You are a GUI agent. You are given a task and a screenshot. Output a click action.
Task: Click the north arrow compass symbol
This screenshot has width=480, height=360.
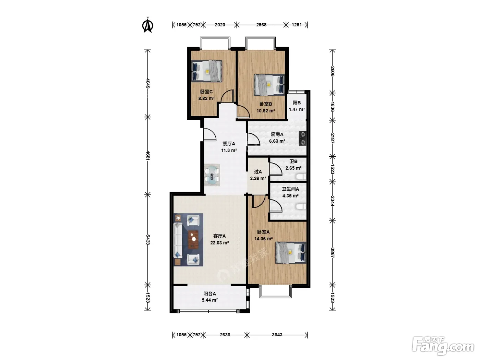coord(148,25)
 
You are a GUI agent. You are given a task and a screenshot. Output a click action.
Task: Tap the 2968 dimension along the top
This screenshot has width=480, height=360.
coord(261,25)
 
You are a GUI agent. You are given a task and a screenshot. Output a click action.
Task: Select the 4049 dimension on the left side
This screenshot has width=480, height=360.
coord(148,83)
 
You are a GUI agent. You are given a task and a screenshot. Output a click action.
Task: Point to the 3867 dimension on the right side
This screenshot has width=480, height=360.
coord(332,252)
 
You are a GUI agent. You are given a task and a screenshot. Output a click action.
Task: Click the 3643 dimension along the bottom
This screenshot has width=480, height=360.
coord(277,335)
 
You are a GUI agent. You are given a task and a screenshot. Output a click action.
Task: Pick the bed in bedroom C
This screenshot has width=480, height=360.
coord(207,71)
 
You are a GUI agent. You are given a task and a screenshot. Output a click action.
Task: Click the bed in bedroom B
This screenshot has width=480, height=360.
coord(269,85)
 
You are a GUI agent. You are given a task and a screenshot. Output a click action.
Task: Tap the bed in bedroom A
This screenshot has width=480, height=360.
coord(291,252)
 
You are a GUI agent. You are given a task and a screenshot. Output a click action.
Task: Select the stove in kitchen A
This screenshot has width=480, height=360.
coord(303,139)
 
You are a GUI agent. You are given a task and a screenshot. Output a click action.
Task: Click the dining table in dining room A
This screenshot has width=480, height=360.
coord(212,175)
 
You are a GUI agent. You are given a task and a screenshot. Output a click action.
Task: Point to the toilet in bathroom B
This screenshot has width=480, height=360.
coord(301,176)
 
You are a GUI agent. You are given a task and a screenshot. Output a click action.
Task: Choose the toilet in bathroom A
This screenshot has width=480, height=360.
coord(301,206)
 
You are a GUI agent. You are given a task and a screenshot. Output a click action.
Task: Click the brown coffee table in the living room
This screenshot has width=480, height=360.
coord(193,240)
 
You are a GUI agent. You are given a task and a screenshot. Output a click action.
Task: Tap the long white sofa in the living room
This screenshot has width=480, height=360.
coord(178,240)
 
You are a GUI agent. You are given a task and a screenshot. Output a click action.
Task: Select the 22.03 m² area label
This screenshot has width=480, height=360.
coord(219,243)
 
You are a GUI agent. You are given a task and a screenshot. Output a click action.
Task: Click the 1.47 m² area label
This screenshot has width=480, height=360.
coord(297,109)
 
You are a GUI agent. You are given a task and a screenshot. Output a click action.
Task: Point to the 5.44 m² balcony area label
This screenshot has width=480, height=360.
coord(210,300)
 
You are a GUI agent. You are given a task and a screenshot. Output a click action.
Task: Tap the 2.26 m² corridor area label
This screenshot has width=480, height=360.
coord(258,178)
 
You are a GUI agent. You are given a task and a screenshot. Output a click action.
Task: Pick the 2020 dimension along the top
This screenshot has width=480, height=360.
coord(220,25)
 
